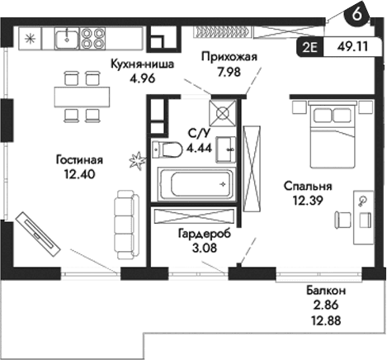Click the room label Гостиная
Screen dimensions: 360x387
click(x=80, y=160)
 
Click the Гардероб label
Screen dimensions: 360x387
click(x=205, y=234)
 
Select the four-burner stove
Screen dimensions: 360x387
click(x=92, y=37)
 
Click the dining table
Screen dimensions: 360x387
click(x=84, y=95)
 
